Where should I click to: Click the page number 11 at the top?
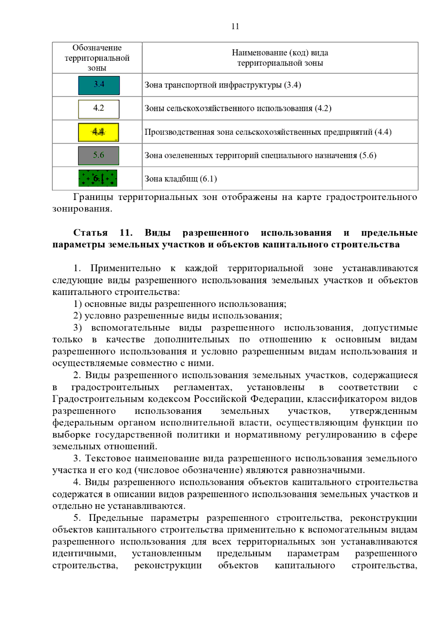235,26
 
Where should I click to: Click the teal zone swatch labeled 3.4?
99,85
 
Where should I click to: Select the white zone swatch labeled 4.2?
99,109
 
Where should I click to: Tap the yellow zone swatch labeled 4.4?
98,132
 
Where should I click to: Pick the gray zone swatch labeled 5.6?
98,156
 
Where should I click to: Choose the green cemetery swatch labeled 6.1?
98,178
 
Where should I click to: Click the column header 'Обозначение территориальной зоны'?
97,58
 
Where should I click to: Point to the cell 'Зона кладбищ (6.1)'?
181,179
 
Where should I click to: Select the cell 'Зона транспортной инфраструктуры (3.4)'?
222,85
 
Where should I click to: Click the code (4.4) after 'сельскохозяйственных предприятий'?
383,132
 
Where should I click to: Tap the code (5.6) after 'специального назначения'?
368,155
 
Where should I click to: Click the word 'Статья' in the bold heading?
90,233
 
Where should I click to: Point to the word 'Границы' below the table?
93,197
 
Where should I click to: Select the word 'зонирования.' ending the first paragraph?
82,209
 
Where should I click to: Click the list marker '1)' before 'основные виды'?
77,304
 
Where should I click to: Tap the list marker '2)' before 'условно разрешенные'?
77,316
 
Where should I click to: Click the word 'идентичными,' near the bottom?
84,553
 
